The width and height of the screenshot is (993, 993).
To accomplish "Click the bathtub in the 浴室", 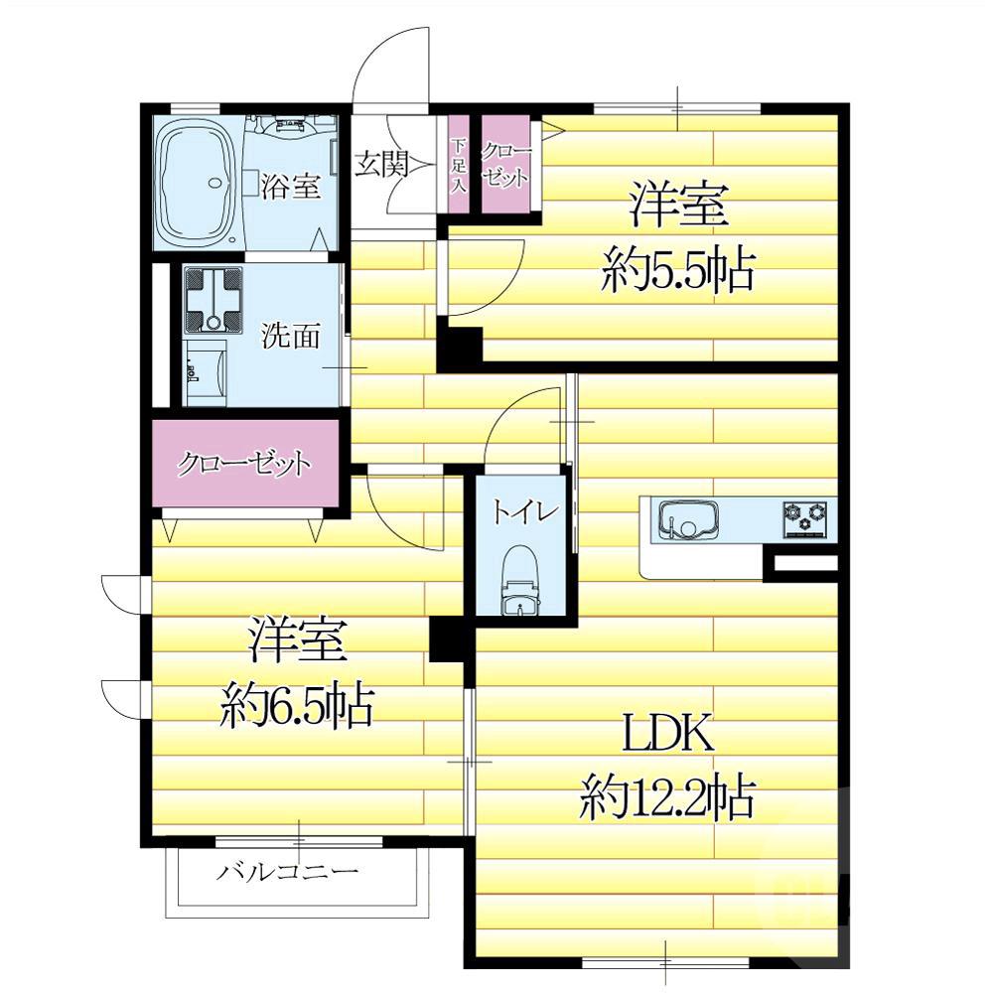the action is click(197, 185).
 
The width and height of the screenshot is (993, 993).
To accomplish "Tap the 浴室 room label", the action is click(290, 187).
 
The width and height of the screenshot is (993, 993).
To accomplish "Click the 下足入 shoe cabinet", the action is click(459, 164).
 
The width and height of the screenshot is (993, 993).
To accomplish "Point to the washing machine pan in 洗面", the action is click(213, 300).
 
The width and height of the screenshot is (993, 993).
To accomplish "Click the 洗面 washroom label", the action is click(291, 336).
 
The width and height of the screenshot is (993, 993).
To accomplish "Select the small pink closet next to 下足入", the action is click(505, 164).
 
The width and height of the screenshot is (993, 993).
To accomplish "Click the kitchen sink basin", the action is click(688, 518).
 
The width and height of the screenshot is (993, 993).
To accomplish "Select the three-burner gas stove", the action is click(805, 518).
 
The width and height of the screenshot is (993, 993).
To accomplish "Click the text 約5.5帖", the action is click(677, 270).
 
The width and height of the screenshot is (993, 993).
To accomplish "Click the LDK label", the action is click(668, 734).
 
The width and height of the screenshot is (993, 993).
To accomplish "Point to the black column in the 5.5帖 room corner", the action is click(460, 346).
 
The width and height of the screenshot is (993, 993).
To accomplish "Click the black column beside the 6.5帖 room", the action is click(448, 639).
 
